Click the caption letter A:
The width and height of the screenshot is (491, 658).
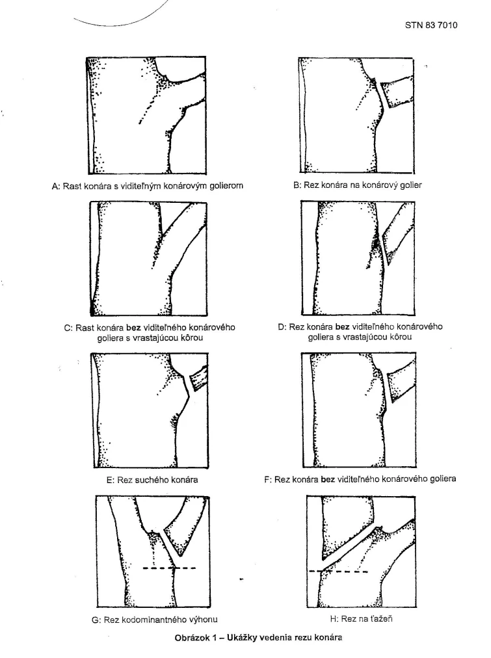56,186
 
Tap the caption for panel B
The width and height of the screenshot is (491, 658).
358,185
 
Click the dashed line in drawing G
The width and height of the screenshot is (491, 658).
169,568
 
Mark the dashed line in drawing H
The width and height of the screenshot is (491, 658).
338,572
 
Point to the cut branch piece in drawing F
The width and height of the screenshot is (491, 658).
401,388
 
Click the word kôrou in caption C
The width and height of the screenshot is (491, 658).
194,337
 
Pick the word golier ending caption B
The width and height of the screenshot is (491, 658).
410,185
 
